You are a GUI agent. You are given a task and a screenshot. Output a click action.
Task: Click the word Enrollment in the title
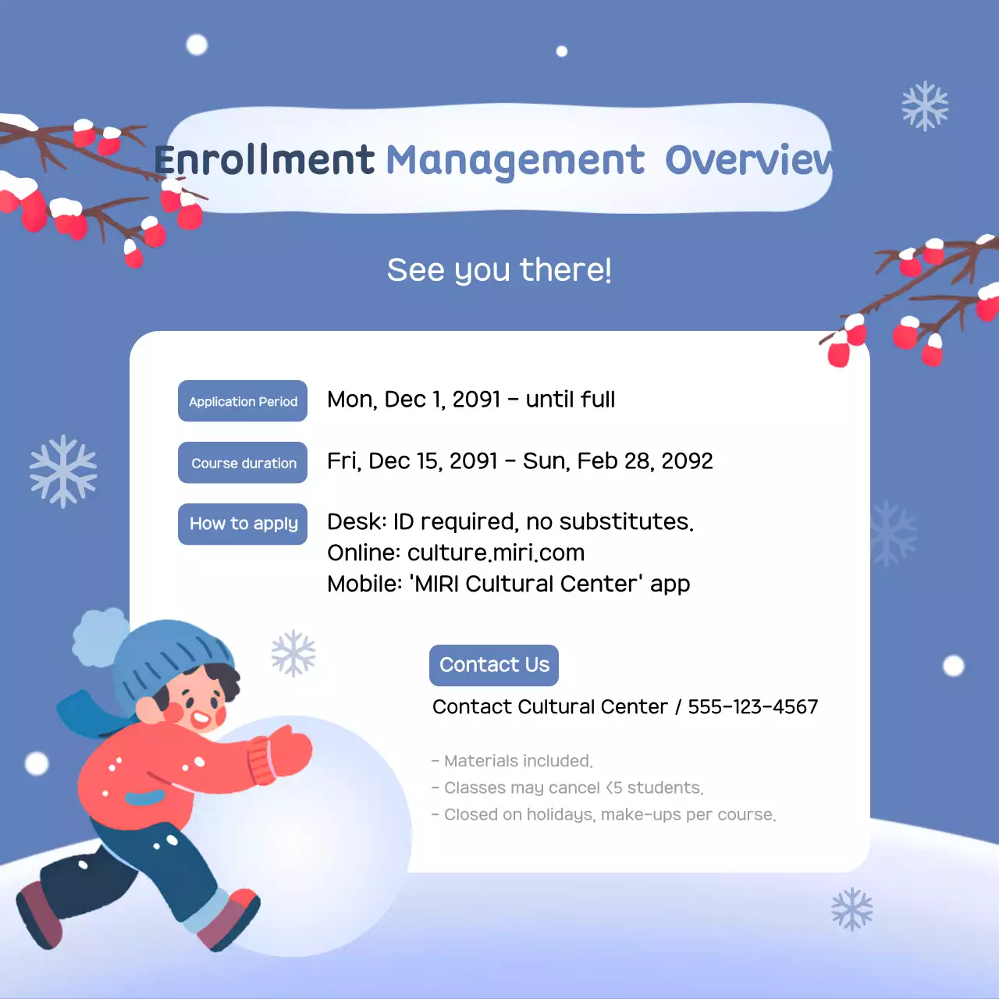click(x=264, y=160)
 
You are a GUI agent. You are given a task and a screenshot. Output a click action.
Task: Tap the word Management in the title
click(x=515, y=160)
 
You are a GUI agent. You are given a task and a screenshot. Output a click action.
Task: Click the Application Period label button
click(x=243, y=401)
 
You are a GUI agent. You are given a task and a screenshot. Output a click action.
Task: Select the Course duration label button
click(x=243, y=463)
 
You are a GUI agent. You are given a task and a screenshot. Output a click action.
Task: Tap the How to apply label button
click(x=243, y=524)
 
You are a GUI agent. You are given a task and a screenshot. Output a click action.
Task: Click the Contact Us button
click(x=494, y=665)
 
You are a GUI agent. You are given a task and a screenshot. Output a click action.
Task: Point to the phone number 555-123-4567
click(x=752, y=707)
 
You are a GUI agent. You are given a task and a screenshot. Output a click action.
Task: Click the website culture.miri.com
click(x=496, y=553)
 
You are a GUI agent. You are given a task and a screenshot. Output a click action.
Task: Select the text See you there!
click(x=499, y=270)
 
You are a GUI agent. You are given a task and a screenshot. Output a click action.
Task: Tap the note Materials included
click(x=513, y=761)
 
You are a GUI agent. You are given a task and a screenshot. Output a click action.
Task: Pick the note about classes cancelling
click(x=568, y=788)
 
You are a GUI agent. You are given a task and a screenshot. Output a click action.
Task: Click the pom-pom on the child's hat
click(x=100, y=636)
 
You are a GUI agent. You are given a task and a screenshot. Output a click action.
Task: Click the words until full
click(x=570, y=400)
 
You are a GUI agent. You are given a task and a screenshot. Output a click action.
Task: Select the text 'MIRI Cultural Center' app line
click(x=509, y=584)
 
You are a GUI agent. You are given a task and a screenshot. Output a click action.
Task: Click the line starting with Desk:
click(x=510, y=521)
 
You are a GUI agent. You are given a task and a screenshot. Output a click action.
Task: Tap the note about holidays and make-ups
click(x=604, y=815)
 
